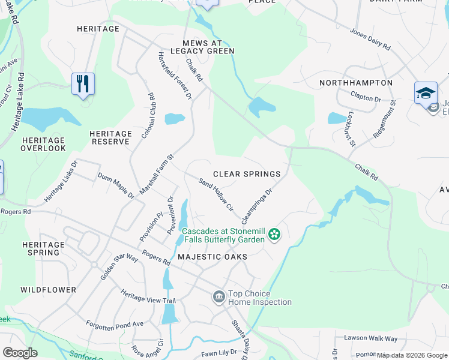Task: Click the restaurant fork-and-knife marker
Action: (83, 83)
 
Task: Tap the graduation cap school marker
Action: (425, 92)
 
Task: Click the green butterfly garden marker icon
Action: (274, 234)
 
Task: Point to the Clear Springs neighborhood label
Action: (247, 174)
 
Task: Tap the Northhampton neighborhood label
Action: (356, 83)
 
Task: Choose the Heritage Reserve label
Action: (111, 137)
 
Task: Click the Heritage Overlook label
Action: (43, 143)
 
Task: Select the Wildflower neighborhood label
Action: (49, 290)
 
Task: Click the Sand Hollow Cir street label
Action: (215, 194)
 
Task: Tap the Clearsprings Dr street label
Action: (256, 204)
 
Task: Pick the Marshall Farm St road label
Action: (156, 175)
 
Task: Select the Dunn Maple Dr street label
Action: (116, 185)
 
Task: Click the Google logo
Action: (19, 353)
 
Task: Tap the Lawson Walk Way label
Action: (370, 338)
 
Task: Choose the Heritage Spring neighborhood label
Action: (43, 248)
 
